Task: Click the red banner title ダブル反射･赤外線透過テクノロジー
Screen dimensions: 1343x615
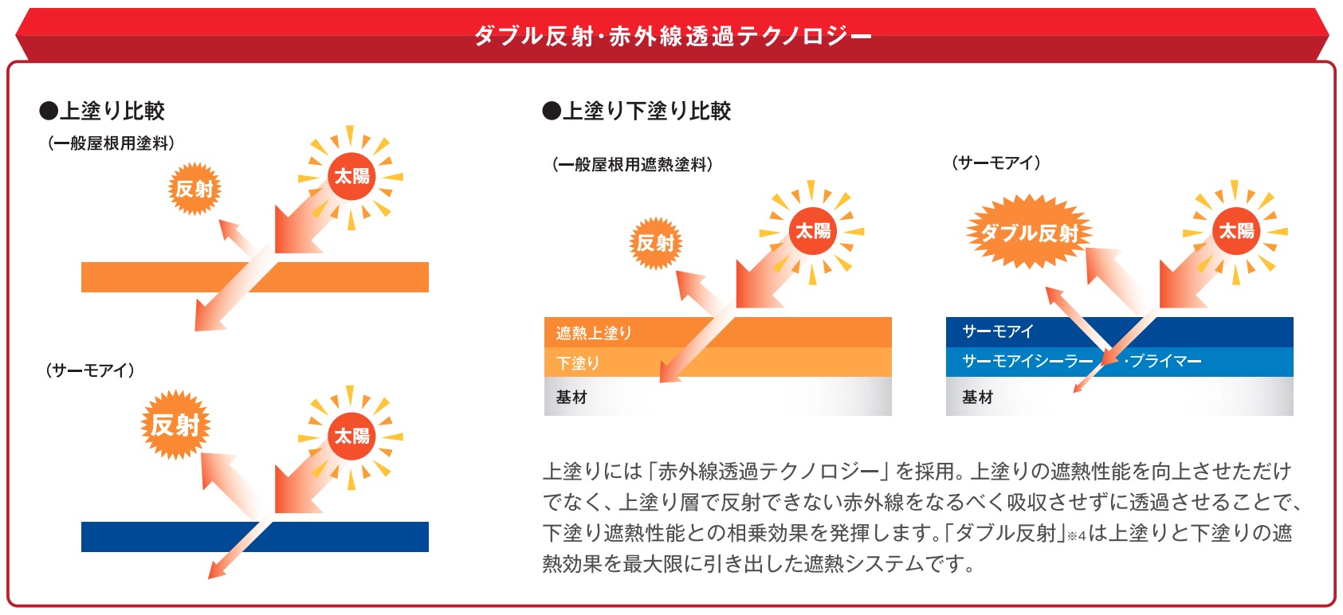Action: (x=673, y=36)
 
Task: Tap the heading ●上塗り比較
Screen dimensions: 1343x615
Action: (x=102, y=111)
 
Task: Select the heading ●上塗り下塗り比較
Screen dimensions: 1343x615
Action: (x=637, y=111)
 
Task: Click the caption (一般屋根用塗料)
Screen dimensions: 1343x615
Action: (x=111, y=143)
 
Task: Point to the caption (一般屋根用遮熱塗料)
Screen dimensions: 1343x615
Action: (x=633, y=164)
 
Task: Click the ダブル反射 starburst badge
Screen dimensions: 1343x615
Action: (x=1029, y=232)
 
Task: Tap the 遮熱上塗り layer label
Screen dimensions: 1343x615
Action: (x=594, y=333)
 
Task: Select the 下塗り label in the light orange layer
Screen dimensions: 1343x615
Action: (x=577, y=362)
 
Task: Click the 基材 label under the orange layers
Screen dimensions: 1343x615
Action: (x=571, y=397)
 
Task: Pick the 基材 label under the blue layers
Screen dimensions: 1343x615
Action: (x=977, y=397)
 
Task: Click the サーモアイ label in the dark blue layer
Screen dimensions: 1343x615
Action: (x=998, y=331)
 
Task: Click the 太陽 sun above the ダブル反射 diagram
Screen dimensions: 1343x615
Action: (x=1235, y=231)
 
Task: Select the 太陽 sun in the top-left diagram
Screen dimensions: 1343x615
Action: (x=351, y=177)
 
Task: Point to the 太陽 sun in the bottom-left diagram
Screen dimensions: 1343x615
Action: (x=351, y=437)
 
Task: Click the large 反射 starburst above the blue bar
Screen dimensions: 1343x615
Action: (x=175, y=425)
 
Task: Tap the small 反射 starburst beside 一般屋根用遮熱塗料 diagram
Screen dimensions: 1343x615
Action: (x=655, y=243)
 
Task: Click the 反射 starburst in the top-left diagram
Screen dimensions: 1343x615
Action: (x=194, y=189)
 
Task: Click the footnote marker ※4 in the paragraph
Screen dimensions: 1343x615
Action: (x=1076, y=536)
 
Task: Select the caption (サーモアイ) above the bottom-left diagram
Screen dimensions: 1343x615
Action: (x=90, y=370)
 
